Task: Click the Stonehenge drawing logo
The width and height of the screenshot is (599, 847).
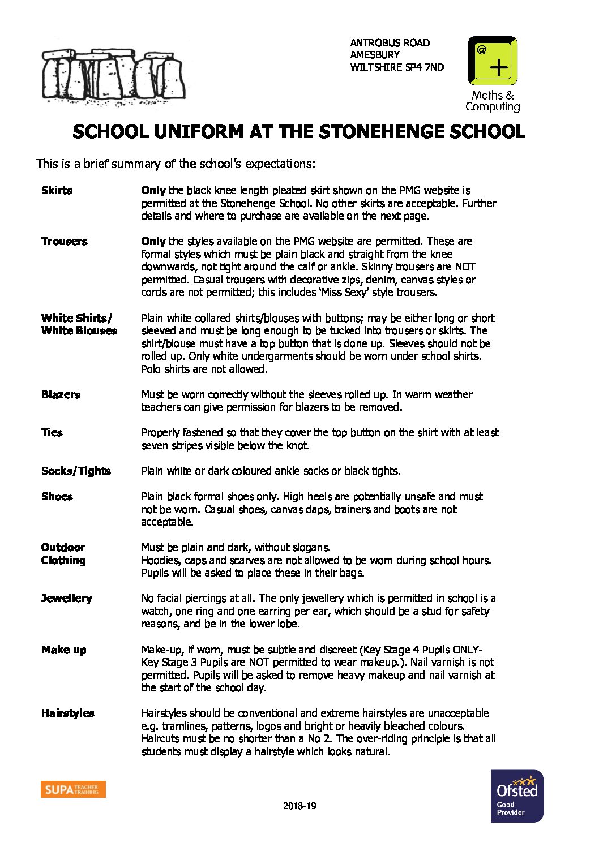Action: point(113,77)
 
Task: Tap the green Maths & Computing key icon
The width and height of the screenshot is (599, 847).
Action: point(493,61)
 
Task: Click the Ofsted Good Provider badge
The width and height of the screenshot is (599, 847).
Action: point(517,796)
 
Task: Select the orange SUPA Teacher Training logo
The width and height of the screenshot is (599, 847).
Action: point(73,789)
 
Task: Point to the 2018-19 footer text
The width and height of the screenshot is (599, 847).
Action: point(299,806)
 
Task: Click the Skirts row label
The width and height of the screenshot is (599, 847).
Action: point(57,191)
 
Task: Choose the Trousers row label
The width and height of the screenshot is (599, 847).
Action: point(64,242)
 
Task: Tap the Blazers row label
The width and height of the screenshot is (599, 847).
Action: point(61,395)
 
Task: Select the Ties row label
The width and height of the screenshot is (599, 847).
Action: point(52,433)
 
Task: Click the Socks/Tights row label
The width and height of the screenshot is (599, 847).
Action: point(76,471)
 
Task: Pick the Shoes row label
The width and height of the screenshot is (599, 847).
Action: point(57,497)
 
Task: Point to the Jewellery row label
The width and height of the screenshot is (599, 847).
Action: point(66,599)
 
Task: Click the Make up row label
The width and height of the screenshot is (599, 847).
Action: point(63,650)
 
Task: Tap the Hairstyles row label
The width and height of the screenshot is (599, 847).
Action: point(67,713)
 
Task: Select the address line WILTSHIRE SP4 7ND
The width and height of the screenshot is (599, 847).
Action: point(397,67)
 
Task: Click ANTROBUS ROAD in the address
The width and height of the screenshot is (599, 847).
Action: point(390,43)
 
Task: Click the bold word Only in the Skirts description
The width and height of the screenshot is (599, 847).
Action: point(153,191)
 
